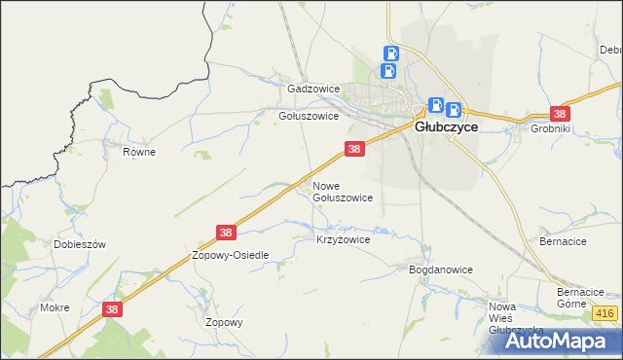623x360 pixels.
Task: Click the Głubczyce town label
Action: pyautogui.click(x=445, y=126)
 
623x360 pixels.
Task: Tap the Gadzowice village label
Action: pyautogui.click(x=312, y=89)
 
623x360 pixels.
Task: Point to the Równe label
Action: pyautogui.click(x=139, y=152)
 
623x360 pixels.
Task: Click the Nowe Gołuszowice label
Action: pyautogui.click(x=342, y=191)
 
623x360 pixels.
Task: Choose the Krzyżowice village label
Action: pyautogui.click(x=343, y=238)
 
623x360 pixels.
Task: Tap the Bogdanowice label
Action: pyautogui.click(x=440, y=270)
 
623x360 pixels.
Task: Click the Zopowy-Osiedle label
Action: pyautogui.click(x=230, y=254)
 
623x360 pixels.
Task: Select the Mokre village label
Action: pyautogui.click(x=54, y=307)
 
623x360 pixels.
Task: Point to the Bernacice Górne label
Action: pyautogui.click(x=581, y=298)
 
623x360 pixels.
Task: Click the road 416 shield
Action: pyautogui.click(x=604, y=312)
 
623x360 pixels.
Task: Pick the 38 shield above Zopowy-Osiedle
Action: pyautogui.click(x=226, y=233)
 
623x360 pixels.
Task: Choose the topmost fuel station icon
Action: pyautogui.click(x=390, y=54)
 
